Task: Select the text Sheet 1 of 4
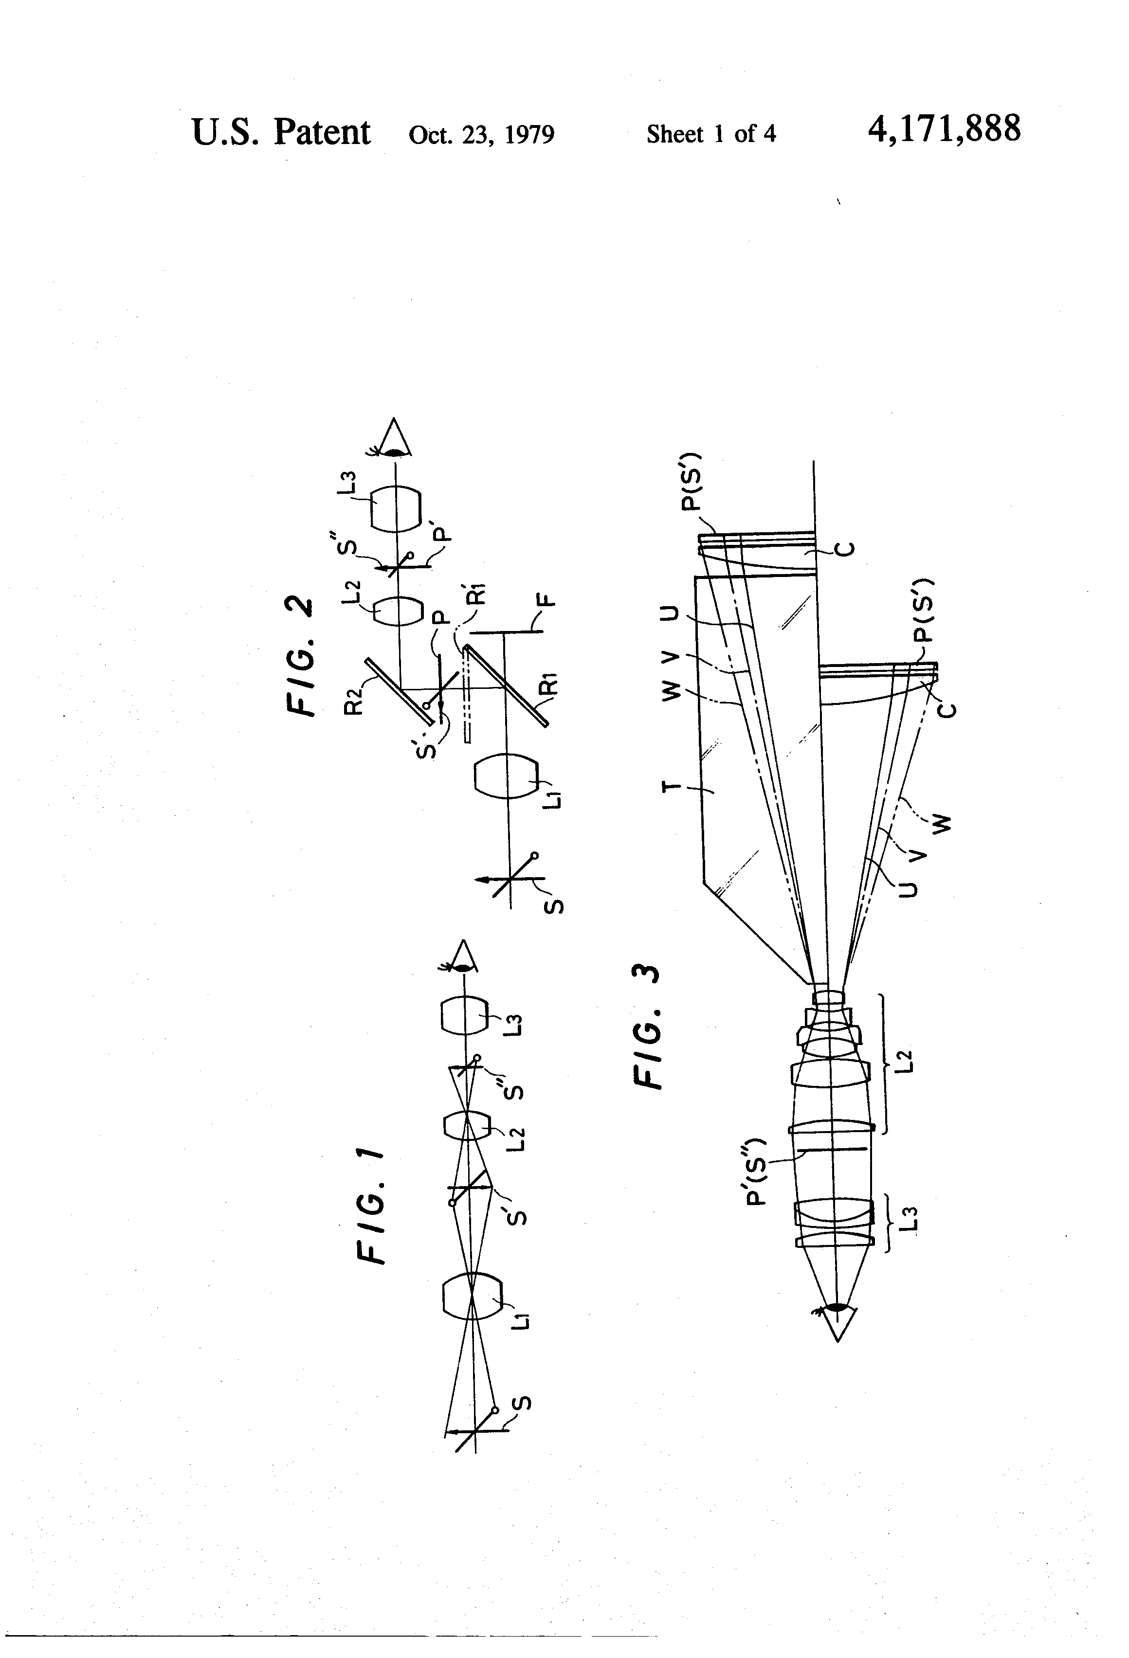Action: coord(711,133)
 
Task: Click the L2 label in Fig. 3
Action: coord(906,1060)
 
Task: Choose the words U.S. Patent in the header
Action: coord(281,133)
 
